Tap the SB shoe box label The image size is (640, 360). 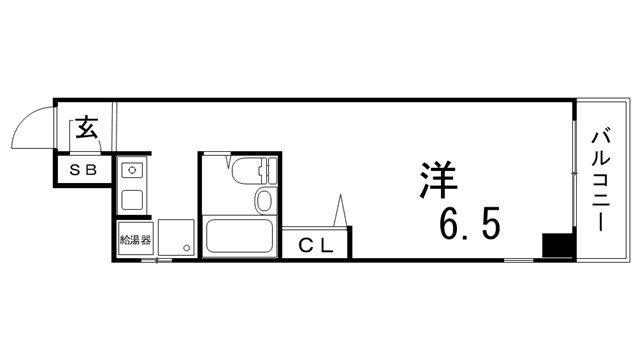(x=82, y=171)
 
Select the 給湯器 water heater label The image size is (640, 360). (x=134, y=241)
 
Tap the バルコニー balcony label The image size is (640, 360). (x=604, y=180)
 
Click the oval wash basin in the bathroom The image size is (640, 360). (x=263, y=200)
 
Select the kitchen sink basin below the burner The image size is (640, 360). (x=132, y=197)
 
